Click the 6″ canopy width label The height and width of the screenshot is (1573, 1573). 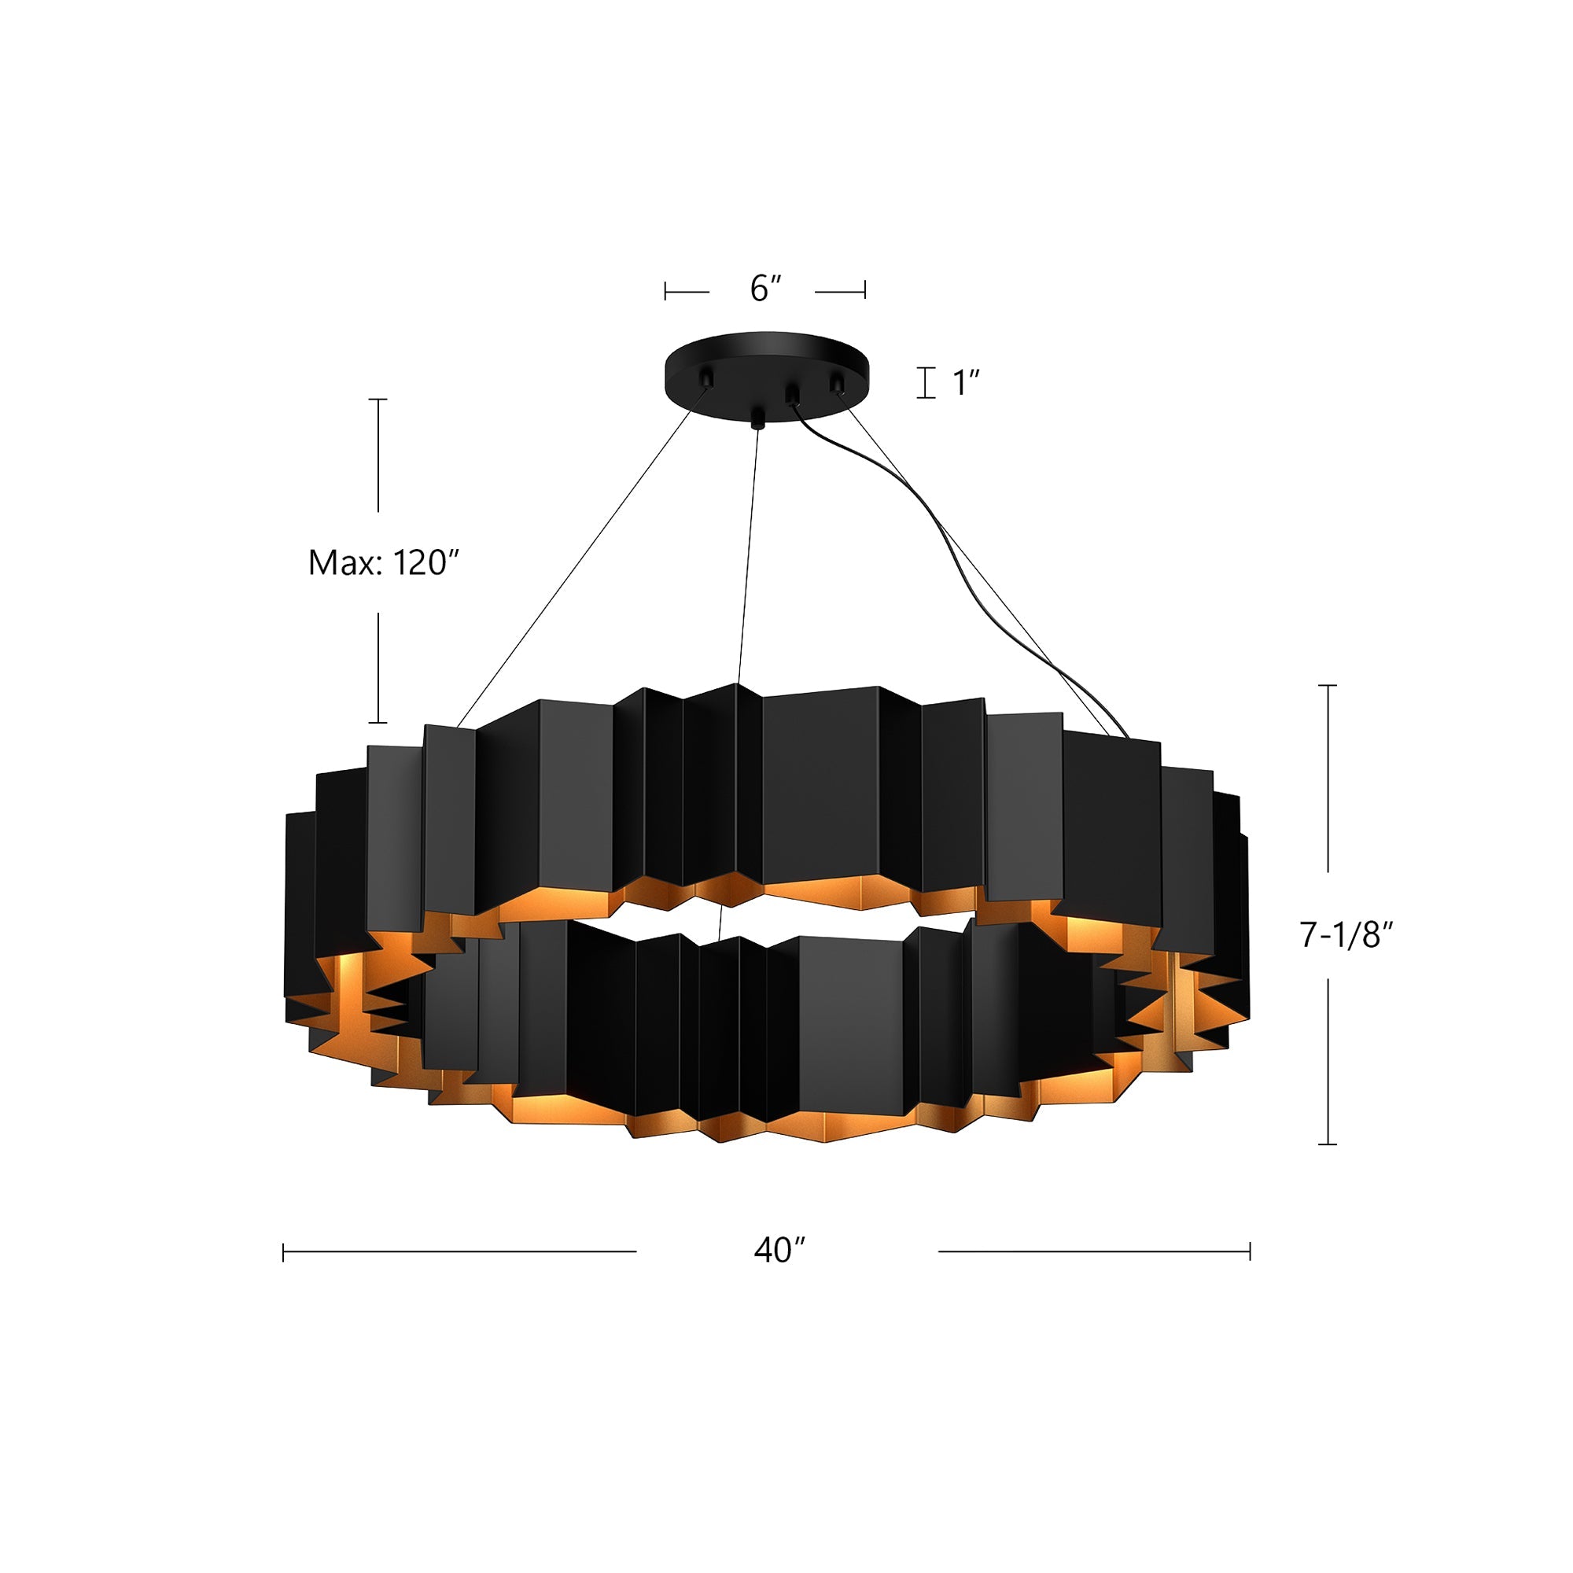pyautogui.click(x=765, y=288)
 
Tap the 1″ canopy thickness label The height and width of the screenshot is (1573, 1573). pyautogui.click(x=966, y=383)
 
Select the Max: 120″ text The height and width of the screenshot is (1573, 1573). pyautogui.click(x=385, y=562)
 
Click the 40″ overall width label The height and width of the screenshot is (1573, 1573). pyautogui.click(x=779, y=1250)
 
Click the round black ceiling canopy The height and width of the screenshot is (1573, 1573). pyautogui.click(x=766, y=363)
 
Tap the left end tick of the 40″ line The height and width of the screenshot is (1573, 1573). pyautogui.click(x=283, y=1251)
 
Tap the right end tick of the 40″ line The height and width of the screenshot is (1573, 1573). pyautogui.click(x=1250, y=1251)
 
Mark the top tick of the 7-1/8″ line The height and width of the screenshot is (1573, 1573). pyautogui.click(x=1327, y=686)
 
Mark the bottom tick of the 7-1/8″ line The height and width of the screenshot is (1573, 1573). pyautogui.click(x=1327, y=1144)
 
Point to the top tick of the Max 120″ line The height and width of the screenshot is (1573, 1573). pyautogui.click(x=378, y=399)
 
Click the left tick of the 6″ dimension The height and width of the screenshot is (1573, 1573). pyautogui.click(x=665, y=291)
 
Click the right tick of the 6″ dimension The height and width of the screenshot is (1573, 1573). pyautogui.click(x=864, y=291)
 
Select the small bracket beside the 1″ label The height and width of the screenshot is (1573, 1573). pyautogui.click(x=926, y=383)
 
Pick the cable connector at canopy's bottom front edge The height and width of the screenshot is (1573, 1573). pyautogui.click(x=758, y=418)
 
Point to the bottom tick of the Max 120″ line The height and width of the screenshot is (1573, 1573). pyautogui.click(x=378, y=722)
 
